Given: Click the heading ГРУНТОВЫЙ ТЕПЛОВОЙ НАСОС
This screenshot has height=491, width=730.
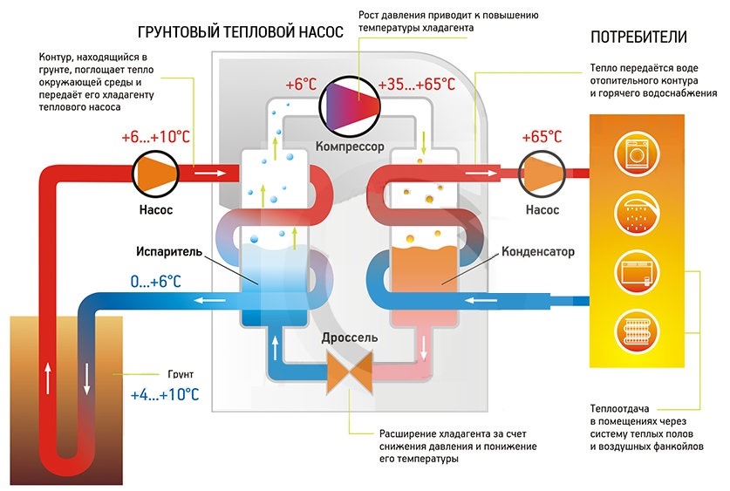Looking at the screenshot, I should tap(240, 32).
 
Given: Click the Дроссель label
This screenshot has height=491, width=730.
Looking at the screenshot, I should tap(348, 338).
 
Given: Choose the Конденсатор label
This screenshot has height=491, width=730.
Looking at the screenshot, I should tap(538, 252).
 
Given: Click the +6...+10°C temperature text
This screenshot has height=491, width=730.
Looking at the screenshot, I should tap(158, 138).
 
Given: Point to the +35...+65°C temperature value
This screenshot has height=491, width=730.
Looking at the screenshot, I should tap(417, 85).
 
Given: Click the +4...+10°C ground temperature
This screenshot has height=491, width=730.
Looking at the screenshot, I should tap(164, 394).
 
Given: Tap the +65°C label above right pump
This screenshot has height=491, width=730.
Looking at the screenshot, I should tap(542, 137).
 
